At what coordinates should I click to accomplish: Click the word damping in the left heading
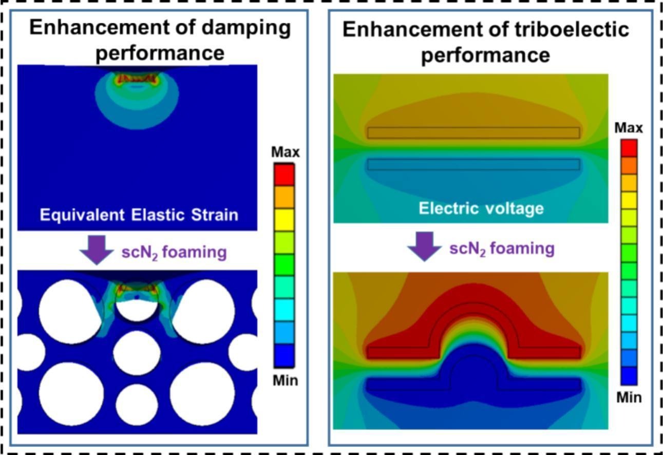247,29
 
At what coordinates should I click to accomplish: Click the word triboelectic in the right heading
572,29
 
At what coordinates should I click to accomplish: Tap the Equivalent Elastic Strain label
139,215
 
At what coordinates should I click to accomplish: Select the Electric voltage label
481,208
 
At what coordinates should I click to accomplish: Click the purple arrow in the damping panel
97,250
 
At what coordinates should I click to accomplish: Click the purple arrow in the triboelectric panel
425,247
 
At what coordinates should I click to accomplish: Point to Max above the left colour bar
286,152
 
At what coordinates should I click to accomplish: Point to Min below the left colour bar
286,381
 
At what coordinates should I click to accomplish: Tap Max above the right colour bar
629,128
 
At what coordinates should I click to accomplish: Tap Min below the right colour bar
629,397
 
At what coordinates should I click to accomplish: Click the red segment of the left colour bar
284,175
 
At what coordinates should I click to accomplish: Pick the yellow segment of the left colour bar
284,220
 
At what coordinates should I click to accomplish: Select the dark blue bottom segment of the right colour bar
629,376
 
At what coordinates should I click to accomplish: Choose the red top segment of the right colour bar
629,148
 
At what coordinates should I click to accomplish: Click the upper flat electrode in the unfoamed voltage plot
473,133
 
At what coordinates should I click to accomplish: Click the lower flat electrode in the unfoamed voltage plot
473,165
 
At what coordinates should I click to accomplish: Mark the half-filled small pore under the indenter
137,309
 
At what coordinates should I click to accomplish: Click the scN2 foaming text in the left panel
174,253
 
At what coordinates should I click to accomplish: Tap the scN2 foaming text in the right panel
502,249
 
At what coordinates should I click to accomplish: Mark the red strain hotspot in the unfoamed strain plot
137,79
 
